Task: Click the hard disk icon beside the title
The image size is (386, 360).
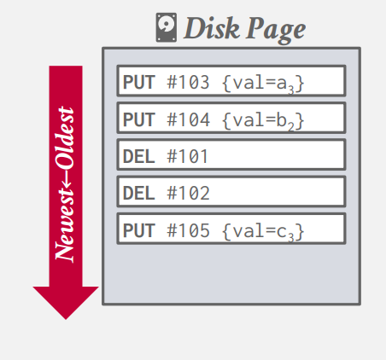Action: pyautogui.click(x=167, y=27)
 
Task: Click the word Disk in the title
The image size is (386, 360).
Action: pyautogui.click(x=212, y=28)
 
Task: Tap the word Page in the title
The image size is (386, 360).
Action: pyautogui.click(x=276, y=30)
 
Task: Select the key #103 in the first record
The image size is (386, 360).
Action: pyautogui.click(x=188, y=82)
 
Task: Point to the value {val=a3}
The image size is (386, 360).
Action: pyautogui.click(x=263, y=84)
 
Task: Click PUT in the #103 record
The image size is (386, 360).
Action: pyautogui.click(x=139, y=82)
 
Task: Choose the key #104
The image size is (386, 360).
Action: pyautogui.click(x=188, y=119)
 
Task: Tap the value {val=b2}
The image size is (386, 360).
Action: pyautogui.click(x=263, y=120)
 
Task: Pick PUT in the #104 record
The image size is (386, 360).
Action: pyautogui.click(x=139, y=119)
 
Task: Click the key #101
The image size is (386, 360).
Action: pyautogui.click(x=187, y=156)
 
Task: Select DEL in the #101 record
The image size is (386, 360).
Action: pyautogui.click(x=139, y=156)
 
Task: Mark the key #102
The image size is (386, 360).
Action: pyautogui.click(x=188, y=194)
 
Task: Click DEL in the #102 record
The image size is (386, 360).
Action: pyautogui.click(x=139, y=194)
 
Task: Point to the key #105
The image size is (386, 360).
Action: pyautogui.click(x=188, y=230)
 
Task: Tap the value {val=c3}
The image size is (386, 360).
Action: pyautogui.click(x=263, y=231)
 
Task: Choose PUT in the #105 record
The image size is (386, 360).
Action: pyautogui.click(x=139, y=230)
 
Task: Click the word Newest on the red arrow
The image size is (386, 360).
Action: pyautogui.click(x=65, y=224)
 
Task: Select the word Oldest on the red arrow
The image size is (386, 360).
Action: pyautogui.click(x=65, y=137)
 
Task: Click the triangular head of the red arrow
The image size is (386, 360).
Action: pyautogui.click(x=66, y=303)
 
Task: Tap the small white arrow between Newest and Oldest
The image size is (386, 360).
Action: pyautogui.click(x=66, y=178)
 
